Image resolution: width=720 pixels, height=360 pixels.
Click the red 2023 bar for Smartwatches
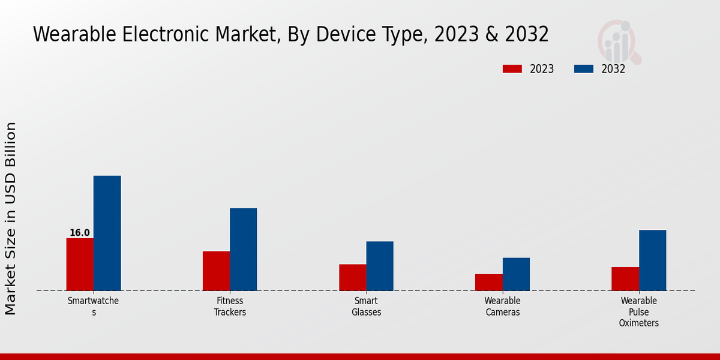pyautogui.click(x=80, y=265)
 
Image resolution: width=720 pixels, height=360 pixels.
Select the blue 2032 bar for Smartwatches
pyautogui.click(x=107, y=233)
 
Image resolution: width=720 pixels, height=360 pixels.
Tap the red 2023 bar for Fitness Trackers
pyautogui.click(x=216, y=271)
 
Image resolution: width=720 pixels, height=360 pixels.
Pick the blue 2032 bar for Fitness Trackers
pyautogui.click(x=243, y=250)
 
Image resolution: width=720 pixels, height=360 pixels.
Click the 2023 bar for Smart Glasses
pyautogui.click(x=352, y=277)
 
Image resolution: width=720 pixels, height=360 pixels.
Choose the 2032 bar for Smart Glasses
pyautogui.click(x=380, y=266)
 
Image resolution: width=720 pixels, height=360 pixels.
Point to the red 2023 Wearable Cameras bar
pyautogui.click(x=488, y=282)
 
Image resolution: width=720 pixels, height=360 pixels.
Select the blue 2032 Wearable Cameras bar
pyautogui.click(x=516, y=274)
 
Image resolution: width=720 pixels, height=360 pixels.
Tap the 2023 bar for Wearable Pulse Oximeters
pyautogui.click(x=625, y=278)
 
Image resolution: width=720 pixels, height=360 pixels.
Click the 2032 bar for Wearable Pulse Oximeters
pyautogui.click(x=652, y=260)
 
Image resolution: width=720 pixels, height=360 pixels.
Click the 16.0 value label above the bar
pyautogui.click(x=80, y=233)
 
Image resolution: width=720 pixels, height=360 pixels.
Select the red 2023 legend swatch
pyautogui.click(x=512, y=69)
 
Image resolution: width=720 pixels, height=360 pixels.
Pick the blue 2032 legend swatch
pyautogui.click(x=583, y=69)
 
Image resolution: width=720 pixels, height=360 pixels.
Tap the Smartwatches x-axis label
pyautogui.click(x=93, y=306)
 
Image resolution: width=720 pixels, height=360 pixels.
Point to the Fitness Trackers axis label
pyautogui.click(x=230, y=306)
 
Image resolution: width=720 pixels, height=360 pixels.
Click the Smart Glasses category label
pyautogui.click(x=366, y=306)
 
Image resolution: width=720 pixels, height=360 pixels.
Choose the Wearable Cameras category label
pyautogui.click(x=502, y=306)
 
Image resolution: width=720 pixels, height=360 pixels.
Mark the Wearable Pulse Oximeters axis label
pyautogui.click(x=639, y=311)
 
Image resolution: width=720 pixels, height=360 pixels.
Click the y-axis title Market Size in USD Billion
pyautogui.click(x=11, y=218)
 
